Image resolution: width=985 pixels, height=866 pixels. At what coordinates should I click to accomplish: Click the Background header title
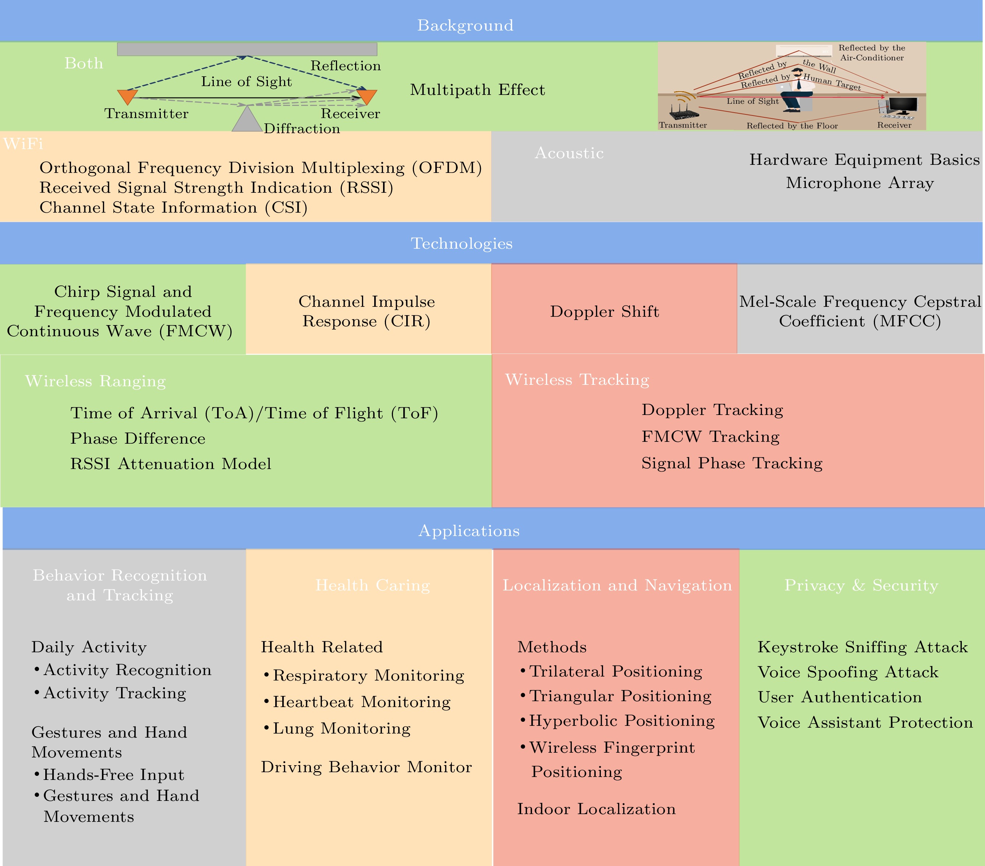click(x=465, y=25)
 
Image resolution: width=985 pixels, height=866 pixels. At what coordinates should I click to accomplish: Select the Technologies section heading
click(x=462, y=244)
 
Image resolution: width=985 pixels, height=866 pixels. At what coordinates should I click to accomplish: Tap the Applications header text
click(x=469, y=530)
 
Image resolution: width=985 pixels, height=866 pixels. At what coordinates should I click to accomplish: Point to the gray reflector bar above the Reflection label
click(x=247, y=49)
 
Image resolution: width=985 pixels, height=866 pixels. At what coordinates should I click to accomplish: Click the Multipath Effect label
click(x=477, y=90)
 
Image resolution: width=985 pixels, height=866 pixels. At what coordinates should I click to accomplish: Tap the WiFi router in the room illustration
click(x=684, y=109)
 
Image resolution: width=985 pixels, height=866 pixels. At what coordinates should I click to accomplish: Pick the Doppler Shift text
click(x=604, y=311)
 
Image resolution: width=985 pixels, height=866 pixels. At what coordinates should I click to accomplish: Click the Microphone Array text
click(x=860, y=183)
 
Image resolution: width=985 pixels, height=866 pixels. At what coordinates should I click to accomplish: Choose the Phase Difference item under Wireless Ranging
click(x=138, y=438)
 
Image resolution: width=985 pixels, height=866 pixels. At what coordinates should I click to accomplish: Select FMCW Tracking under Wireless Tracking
click(x=710, y=437)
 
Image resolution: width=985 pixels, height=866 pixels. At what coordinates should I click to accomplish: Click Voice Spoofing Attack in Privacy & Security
click(x=848, y=672)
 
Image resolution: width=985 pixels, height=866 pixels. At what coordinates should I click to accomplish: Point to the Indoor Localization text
click(x=596, y=809)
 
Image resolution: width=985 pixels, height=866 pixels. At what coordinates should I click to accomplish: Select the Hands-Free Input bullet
click(x=109, y=774)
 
